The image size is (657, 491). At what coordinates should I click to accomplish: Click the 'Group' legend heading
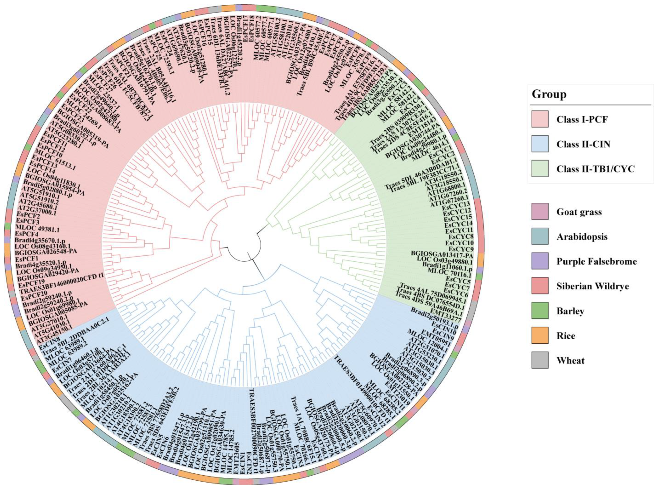point(549,94)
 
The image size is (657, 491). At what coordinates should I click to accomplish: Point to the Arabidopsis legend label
point(582,237)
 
